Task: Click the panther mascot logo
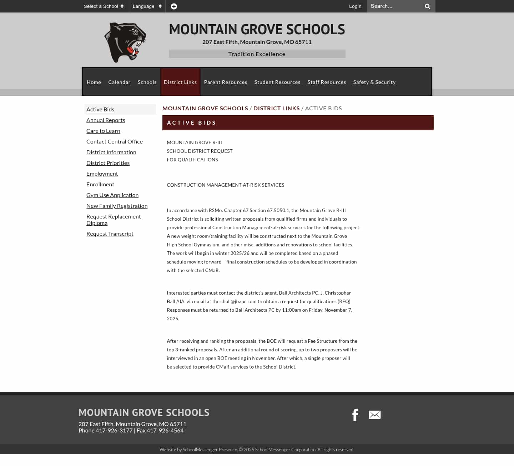coord(125,42)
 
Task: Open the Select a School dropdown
coord(104,6)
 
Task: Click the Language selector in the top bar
coord(147,6)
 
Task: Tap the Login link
coord(355,6)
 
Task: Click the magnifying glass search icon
coord(427,6)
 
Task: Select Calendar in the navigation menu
coord(119,82)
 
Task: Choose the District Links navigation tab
coord(180,82)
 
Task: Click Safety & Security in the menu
coord(374,82)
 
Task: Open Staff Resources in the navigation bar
coord(327,82)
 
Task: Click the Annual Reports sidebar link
coord(106,120)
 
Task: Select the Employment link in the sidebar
coord(102,174)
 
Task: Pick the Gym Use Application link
coord(112,195)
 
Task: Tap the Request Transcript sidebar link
coord(110,234)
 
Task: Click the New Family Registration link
coord(117,206)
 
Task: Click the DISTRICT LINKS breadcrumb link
coord(276,109)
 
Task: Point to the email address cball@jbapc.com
coord(238,302)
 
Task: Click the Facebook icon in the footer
coord(355,415)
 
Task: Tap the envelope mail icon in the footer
coord(374,415)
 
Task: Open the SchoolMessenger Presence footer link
coord(210,450)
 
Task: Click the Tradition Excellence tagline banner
coord(257,54)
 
